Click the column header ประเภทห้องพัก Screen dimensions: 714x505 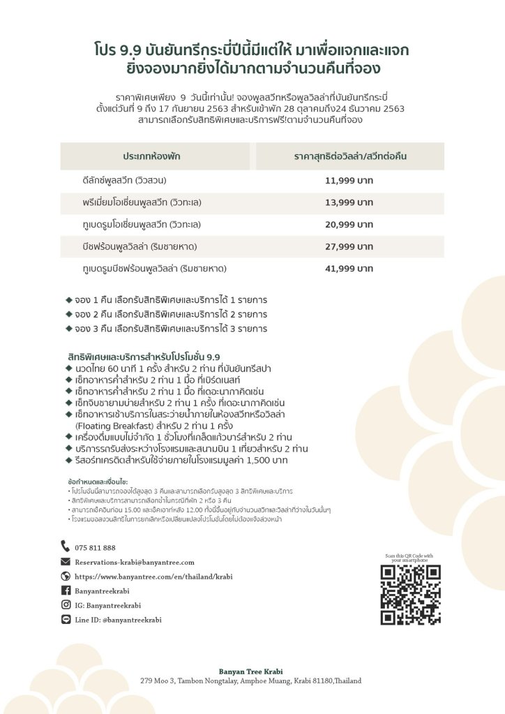[151, 156]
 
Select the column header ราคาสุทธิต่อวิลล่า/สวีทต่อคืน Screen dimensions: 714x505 [349, 156]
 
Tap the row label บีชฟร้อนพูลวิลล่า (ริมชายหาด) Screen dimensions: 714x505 [140, 246]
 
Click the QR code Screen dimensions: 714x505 [411, 595]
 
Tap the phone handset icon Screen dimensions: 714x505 [66, 547]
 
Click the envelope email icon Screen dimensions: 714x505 [66, 562]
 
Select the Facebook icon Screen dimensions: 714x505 [66, 590]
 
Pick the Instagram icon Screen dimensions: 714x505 [66, 605]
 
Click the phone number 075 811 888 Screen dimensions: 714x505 [96, 548]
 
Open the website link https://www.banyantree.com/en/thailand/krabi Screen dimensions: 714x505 [153, 577]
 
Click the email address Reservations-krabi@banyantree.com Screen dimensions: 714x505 [135, 562]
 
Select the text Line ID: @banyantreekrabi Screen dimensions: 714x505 [118, 620]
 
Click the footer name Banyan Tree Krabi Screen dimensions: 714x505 [250, 671]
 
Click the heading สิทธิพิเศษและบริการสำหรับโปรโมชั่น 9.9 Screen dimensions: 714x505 [144, 355]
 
